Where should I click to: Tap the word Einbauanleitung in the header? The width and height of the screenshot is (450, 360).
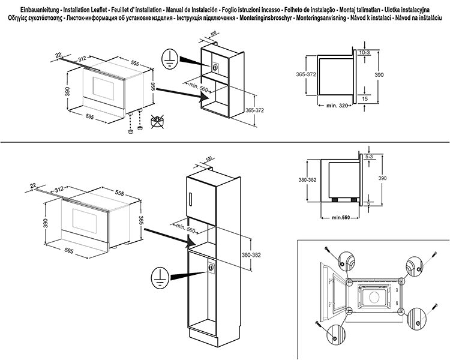tap(40, 10)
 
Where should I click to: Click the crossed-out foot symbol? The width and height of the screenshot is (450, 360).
tap(157, 121)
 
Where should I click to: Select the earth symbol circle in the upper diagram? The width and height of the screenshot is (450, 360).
tap(170, 59)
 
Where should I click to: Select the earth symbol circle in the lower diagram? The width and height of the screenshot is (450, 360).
tap(159, 278)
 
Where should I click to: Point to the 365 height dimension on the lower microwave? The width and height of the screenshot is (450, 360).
tap(141, 221)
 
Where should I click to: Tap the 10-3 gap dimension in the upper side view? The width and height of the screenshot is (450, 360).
tap(364, 53)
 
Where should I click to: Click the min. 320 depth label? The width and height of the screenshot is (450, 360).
tap(337, 106)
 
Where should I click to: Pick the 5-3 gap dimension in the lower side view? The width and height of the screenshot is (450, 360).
tap(370, 157)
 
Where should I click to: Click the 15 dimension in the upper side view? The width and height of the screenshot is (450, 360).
tap(365, 99)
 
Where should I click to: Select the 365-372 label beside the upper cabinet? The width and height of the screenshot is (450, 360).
tap(254, 110)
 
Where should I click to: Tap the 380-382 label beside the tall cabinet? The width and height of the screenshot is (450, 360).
tap(251, 254)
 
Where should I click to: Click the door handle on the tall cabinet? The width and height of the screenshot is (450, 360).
tap(191, 200)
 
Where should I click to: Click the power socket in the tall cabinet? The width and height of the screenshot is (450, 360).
tap(211, 268)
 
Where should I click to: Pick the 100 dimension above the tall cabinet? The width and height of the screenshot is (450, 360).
tap(209, 158)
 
